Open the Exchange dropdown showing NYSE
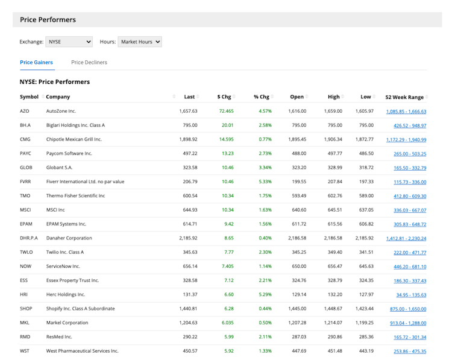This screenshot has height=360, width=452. click(69, 42)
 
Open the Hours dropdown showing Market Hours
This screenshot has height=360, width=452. click(140, 42)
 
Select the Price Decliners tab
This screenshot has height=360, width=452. click(89, 62)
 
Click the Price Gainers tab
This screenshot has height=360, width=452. click(36, 62)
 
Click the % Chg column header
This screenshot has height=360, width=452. click(261, 97)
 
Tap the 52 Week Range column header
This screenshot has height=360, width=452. click(404, 97)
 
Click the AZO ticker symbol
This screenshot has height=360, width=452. click(25, 112)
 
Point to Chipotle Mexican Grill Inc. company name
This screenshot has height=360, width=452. click(74, 139)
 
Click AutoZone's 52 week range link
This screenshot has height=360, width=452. click(406, 112)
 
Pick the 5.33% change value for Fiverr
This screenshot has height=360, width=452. click(265, 182)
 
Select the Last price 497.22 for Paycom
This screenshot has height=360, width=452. click(188, 154)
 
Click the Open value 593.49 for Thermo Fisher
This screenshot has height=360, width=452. click(298, 196)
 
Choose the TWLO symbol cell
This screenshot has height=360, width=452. click(27, 252)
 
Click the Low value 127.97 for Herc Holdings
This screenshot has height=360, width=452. click(366, 294)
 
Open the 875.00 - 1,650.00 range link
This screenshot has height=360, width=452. click(408, 309)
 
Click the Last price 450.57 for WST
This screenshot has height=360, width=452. click(188, 351)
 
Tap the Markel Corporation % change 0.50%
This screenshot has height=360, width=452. click(265, 323)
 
